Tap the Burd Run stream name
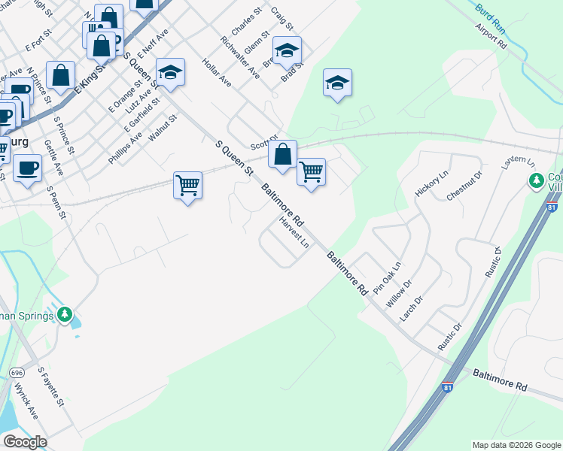490,16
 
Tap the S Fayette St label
52,387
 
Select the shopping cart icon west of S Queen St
187,184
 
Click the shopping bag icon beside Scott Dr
282,154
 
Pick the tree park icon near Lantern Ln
536,180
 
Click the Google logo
25,442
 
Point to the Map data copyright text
516,445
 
